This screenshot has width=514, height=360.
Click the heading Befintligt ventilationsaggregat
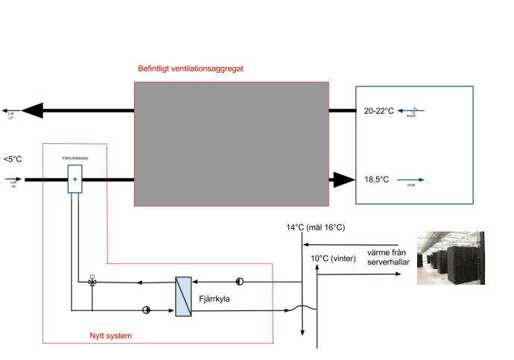(191, 69)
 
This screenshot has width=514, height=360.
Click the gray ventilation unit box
(231, 143)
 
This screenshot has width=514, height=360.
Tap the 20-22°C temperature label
(378, 111)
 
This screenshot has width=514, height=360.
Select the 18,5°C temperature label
(377, 180)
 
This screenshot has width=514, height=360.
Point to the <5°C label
(13, 159)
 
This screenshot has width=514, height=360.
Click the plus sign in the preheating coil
(74, 179)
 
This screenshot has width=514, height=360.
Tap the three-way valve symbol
(92, 282)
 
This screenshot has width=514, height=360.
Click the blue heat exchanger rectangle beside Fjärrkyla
(183, 296)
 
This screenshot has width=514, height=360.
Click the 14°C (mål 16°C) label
(315, 227)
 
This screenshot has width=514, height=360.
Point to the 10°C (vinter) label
(334, 259)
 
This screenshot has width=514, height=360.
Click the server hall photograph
(450, 257)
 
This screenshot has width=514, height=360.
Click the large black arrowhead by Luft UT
(32, 111)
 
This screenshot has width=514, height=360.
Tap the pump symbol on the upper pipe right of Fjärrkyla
(240, 282)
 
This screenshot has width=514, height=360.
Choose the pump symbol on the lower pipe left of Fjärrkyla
(146, 309)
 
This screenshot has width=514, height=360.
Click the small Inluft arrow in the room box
(415, 180)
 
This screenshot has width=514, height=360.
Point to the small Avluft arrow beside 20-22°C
(415, 110)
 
